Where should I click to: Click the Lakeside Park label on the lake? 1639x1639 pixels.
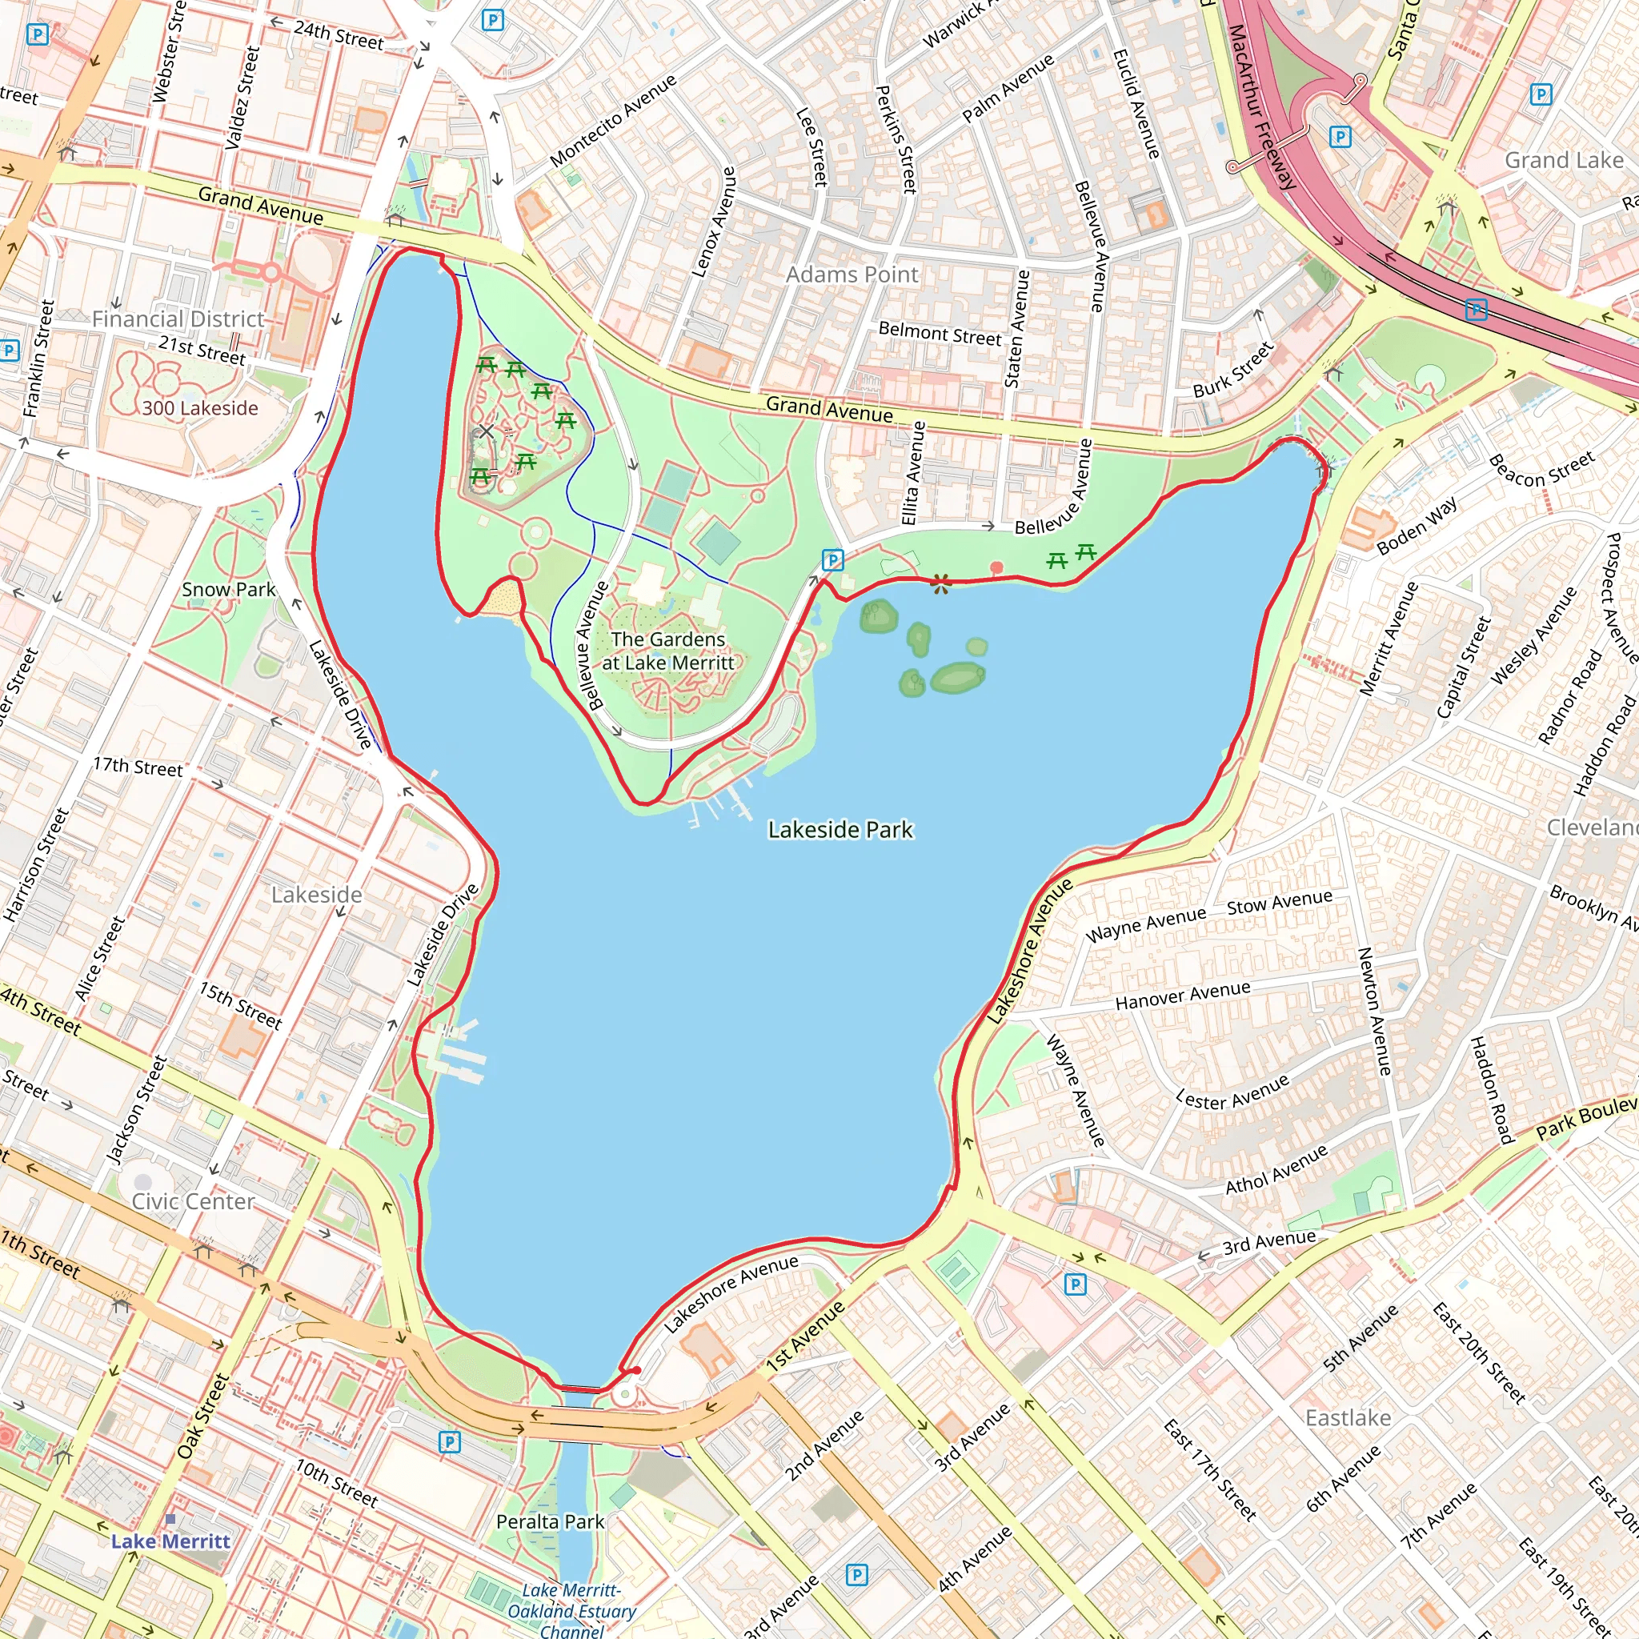tap(840, 830)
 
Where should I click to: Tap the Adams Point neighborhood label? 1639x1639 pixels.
tap(851, 275)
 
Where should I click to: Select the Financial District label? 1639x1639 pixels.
tap(178, 319)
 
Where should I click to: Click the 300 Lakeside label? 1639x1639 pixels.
tap(199, 408)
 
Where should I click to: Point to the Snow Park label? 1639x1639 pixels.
tap(228, 590)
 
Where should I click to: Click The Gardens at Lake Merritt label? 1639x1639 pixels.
tap(667, 651)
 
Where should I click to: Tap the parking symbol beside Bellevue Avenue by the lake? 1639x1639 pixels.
tap(832, 560)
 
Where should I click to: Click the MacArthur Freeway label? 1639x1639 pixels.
tap(1261, 106)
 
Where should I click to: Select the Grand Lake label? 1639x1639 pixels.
tap(1564, 160)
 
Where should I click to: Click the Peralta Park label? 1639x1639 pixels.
tap(550, 1522)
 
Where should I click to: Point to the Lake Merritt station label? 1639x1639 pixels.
tap(170, 1541)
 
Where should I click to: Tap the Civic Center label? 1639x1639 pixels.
tap(193, 1201)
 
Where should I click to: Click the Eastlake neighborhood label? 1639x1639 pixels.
tap(1348, 1417)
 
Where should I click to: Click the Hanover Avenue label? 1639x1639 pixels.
tap(1182, 995)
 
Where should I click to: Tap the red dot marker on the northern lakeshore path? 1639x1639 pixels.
tap(997, 567)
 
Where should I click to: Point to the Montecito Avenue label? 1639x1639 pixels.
tap(612, 121)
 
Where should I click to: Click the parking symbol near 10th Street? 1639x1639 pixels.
tap(450, 1441)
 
